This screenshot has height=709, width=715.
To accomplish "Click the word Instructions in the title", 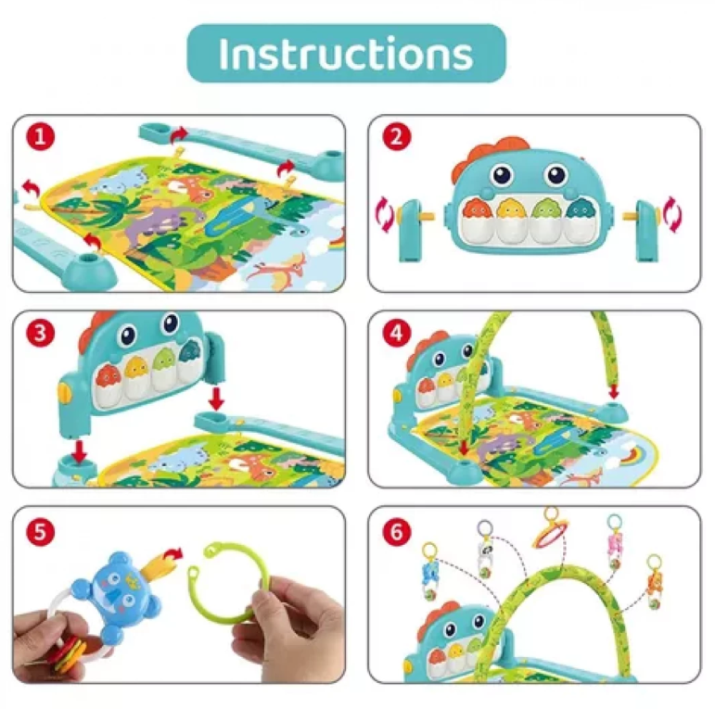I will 346,54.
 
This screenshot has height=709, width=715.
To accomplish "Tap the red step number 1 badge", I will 39,137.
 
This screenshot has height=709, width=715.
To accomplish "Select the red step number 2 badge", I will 397,137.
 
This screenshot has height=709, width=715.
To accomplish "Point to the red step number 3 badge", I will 39,333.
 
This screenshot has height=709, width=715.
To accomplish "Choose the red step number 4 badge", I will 397,333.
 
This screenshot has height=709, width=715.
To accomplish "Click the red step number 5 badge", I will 39,531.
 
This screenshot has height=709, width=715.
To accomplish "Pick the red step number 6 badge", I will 397,531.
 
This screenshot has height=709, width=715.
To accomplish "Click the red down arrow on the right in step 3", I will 215,399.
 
